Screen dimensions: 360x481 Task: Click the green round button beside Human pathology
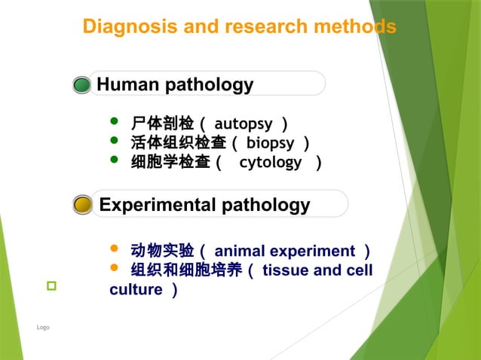point(82,84)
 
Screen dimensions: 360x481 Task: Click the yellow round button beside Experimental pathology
point(83,204)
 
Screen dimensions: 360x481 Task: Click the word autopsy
point(244,123)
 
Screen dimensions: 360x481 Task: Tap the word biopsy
point(271,142)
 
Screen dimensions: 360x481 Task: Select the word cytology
point(270,162)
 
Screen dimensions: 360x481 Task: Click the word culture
point(136,290)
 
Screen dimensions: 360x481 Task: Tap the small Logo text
point(43,328)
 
